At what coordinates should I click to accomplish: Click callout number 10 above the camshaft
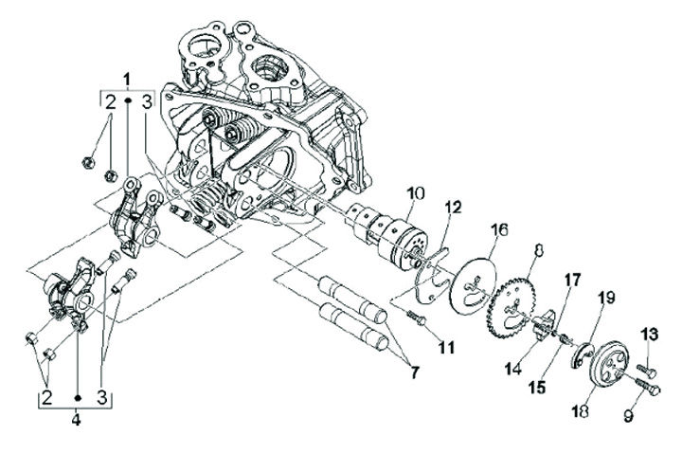(415, 194)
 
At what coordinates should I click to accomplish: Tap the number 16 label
(499, 229)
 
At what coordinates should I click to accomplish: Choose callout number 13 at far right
(649, 335)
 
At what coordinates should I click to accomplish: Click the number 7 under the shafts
(414, 372)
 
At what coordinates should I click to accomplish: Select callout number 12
(453, 208)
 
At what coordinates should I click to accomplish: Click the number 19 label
(607, 299)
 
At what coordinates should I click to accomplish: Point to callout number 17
(572, 281)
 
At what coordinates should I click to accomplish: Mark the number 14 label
(513, 369)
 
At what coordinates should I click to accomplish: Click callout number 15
(538, 387)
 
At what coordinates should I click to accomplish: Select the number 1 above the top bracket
(127, 80)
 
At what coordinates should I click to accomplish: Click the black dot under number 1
(128, 100)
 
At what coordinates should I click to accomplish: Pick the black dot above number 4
(78, 397)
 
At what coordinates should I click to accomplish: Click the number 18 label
(581, 410)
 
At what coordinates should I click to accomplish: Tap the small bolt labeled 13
(647, 371)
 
